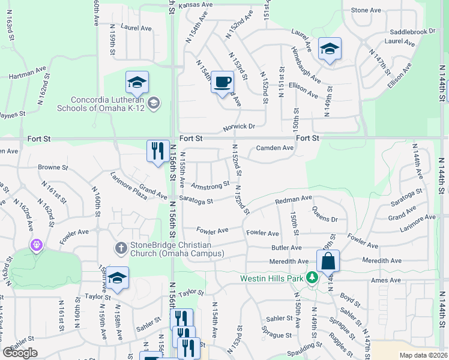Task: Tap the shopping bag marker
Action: click(x=328, y=261)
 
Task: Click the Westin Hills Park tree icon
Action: click(x=312, y=278)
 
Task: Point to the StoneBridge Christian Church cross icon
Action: click(x=121, y=247)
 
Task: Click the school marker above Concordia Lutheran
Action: click(x=137, y=82)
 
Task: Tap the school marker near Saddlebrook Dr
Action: click(x=330, y=49)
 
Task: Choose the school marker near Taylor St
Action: click(x=118, y=278)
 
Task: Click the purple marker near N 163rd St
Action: click(x=37, y=245)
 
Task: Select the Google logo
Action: click(x=20, y=353)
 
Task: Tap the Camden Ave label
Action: click(x=274, y=148)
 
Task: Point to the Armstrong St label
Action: click(x=210, y=184)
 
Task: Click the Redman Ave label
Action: click(x=294, y=199)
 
